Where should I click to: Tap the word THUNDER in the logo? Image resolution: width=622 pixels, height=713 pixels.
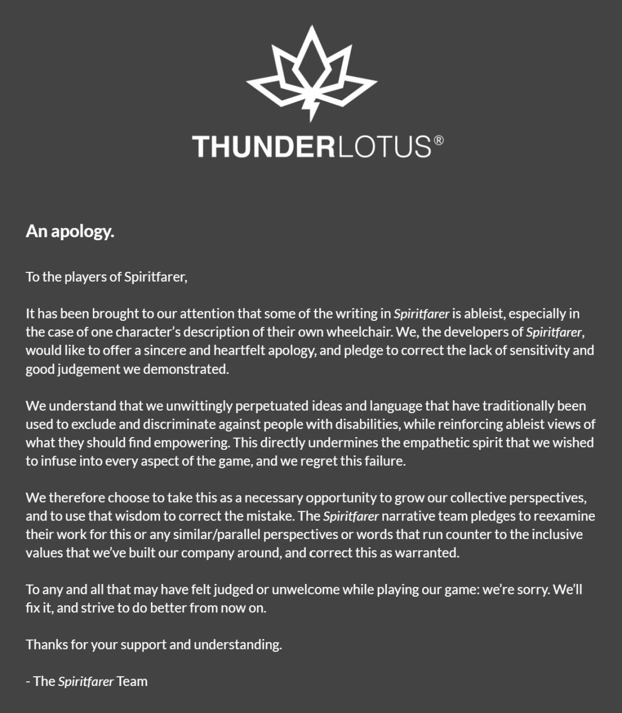pyautogui.click(x=263, y=146)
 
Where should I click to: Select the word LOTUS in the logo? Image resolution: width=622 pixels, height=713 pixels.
pyautogui.click(x=383, y=146)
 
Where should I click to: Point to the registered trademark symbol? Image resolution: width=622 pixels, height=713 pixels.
pyautogui.click(x=438, y=140)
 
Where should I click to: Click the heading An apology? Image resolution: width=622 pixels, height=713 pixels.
pyautogui.click(x=70, y=232)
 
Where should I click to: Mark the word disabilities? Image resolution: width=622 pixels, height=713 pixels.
pyautogui.click(x=368, y=424)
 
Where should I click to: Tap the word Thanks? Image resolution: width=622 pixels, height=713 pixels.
pyautogui.click(x=47, y=644)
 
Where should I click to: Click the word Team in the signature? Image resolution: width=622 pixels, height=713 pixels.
pyautogui.click(x=132, y=681)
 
